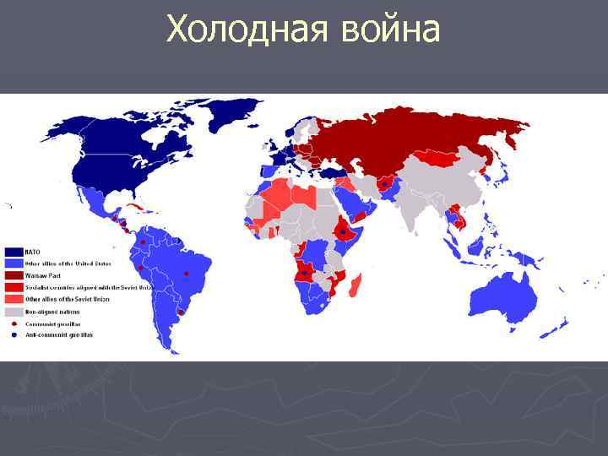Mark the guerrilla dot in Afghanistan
tap(385, 183)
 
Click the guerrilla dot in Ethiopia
tap(343, 230)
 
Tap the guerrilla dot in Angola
tap(303, 273)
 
